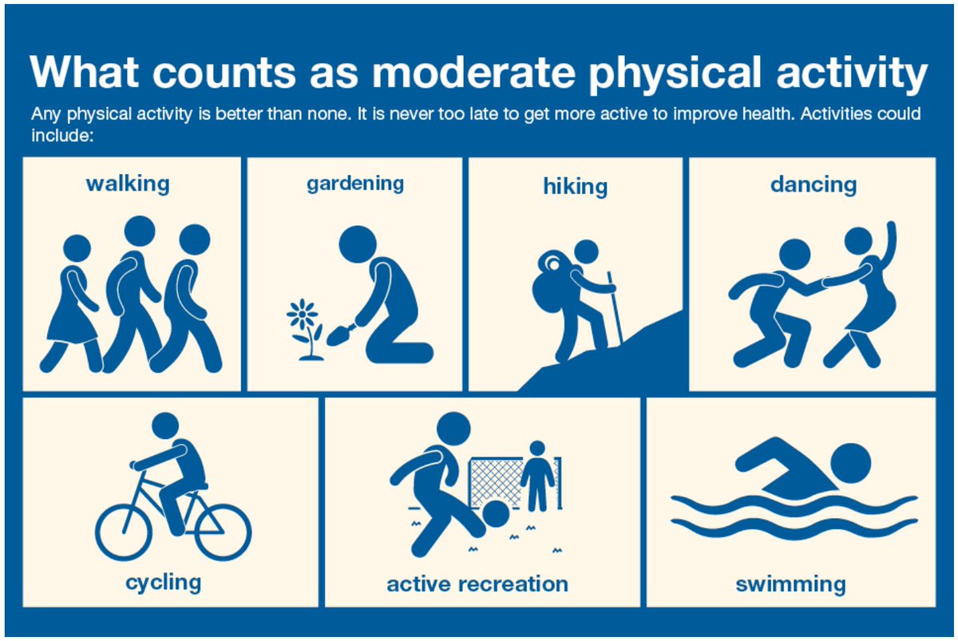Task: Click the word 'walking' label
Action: click(128, 184)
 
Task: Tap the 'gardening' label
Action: click(355, 184)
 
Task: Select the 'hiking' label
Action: click(576, 187)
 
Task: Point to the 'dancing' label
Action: click(813, 185)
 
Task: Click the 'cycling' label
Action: click(164, 581)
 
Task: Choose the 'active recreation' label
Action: click(477, 584)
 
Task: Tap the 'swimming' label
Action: click(790, 584)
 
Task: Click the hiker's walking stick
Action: click(614, 307)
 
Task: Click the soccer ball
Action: click(496, 513)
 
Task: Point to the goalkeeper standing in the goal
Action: click(536, 477)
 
